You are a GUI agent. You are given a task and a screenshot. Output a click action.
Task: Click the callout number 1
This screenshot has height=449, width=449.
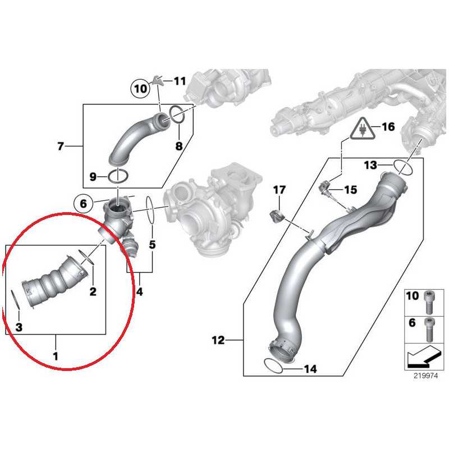55,355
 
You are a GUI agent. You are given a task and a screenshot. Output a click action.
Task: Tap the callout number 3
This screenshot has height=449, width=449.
19,327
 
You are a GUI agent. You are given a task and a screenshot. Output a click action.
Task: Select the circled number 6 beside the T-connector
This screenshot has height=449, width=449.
83,204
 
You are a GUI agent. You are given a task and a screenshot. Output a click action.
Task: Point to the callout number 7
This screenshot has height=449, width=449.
61,147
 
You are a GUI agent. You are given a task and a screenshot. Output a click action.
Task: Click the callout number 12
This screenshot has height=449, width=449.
219,340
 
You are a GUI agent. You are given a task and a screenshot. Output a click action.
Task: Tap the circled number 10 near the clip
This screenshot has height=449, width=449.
139,88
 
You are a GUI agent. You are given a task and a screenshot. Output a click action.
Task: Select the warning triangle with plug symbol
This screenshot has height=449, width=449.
359,131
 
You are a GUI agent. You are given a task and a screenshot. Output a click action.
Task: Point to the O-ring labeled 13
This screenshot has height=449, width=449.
402,166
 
